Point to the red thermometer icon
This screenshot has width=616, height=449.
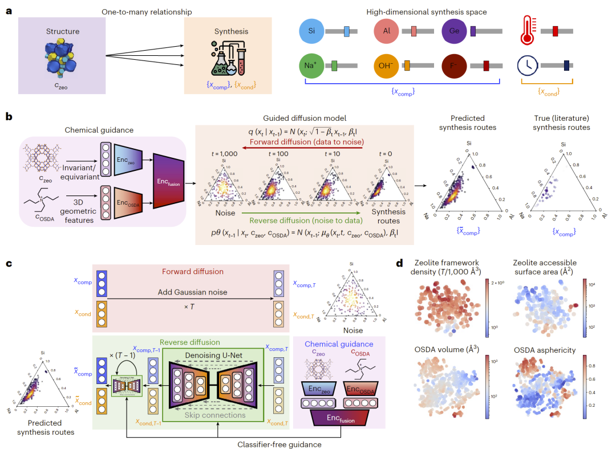click(x=528, y=31)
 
